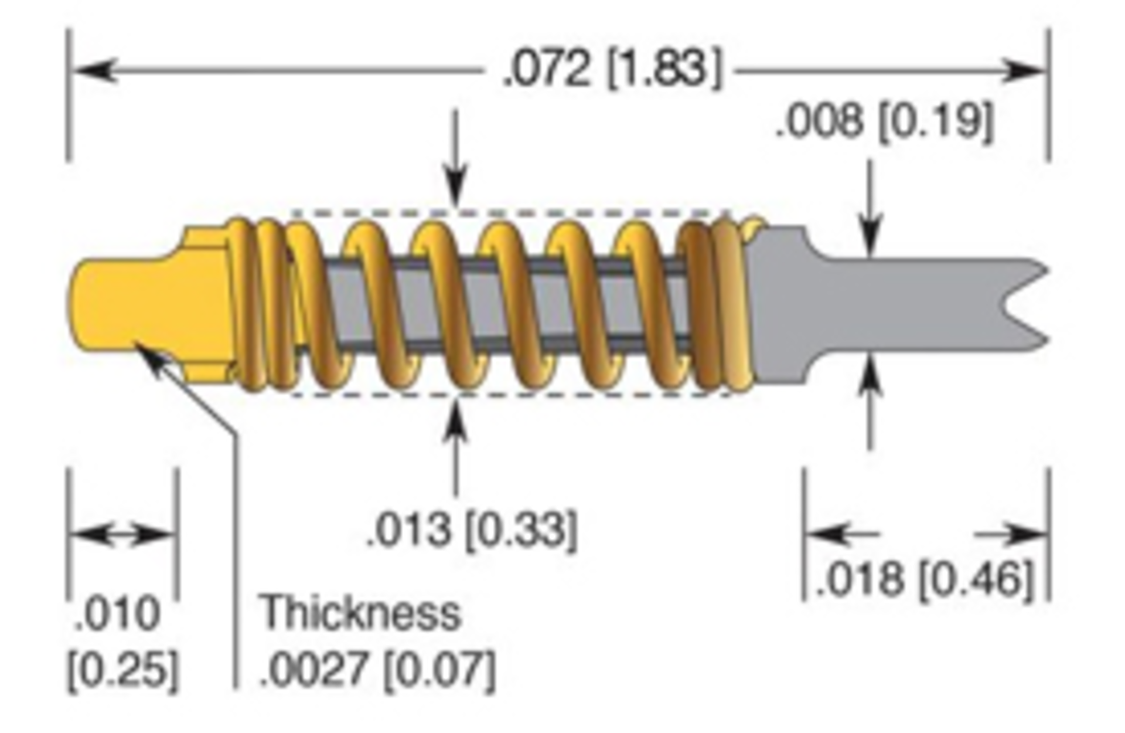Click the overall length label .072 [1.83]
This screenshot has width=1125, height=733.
[x=612, y=70]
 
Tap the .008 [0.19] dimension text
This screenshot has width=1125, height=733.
[x=885, y=122]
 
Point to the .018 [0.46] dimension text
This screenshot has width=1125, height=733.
[x=923, y=579]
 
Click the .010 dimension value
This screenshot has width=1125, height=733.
[x=117, y=614]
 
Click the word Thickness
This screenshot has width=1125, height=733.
[x=360, y=613]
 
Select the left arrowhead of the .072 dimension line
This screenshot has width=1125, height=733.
[x=94, y=70]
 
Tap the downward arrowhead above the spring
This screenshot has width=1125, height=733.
[x=456, y=188]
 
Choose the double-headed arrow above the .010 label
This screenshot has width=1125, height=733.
[x=122, y=534]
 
